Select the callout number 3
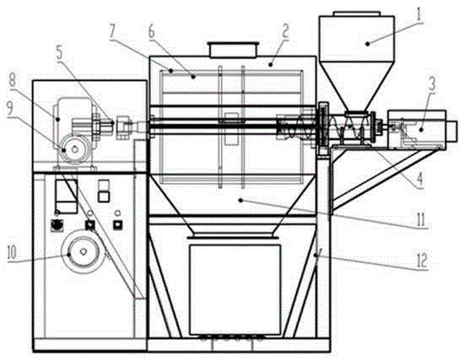click(432, 83)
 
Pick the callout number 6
click(152, 33)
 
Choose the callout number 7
click(112, 30)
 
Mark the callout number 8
click(13, 80)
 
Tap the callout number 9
click(10, 109)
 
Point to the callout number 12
click(422, 261)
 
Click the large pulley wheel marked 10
click(84, 251)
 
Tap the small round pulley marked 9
click(75, 149)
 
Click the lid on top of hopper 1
click(356, 13)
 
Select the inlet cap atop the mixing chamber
click(233, 50)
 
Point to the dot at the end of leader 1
click(368, 44)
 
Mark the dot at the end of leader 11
click(240, 201)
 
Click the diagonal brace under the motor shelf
click(385, 180)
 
